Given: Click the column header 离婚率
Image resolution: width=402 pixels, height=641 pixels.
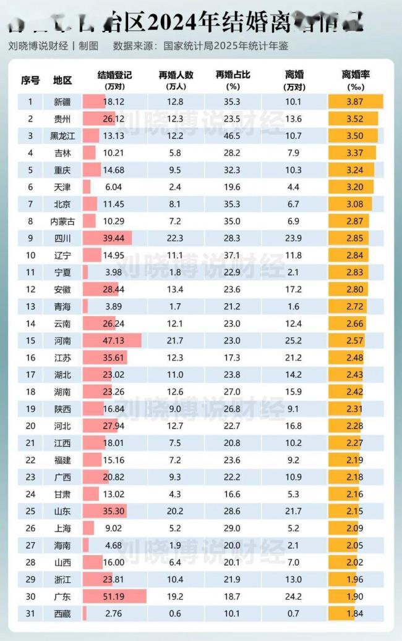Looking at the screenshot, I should (x=356, y=75).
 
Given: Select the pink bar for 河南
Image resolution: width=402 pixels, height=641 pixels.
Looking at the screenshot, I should (x=112, y=341).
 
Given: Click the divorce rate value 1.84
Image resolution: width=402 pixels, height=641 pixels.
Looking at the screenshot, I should (x=355, y=613).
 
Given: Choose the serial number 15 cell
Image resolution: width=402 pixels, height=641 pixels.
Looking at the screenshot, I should (x=30, y=341).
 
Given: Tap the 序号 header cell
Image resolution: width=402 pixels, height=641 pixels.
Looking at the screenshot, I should (x=30, y=80).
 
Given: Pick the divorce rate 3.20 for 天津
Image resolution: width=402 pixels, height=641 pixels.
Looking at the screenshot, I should (x=355, y=187).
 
